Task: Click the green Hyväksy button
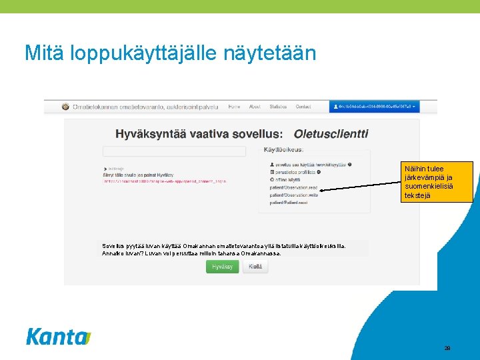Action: [x=222, y=267]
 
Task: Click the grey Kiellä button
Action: [x=255, y=267]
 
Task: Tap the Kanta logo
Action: [x=59, y=337]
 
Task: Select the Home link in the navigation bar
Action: [x=234, y=107]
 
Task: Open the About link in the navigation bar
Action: [x=255, y=107]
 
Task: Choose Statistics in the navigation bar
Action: [x=279, y=107]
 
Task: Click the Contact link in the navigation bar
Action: [x=303, y=107]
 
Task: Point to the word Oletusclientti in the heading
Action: [x=331, y=133]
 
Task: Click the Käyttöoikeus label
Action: [x=284, y=149]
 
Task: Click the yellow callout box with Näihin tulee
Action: [x=437, y=182]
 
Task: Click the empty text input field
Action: [x=174, y=151]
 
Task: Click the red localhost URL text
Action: [x=165, y=181]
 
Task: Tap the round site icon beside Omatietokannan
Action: [x=65, y=107]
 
